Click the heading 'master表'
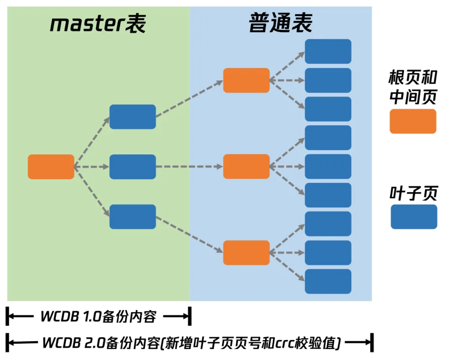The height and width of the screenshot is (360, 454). [98, 24]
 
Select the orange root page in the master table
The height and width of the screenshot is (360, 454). [51, 167]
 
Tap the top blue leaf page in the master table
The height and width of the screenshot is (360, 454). [132, 117]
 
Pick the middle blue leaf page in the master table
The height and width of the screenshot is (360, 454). [132, 167]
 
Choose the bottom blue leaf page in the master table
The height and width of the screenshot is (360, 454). [132, 217]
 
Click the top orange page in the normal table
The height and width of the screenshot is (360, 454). [246, 80]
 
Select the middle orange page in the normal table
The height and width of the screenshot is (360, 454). [246, 167]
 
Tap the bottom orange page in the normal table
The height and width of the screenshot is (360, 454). [246, 253]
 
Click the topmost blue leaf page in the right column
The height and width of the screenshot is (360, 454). [328, 51]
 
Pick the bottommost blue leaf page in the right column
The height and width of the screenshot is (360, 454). [328, 281]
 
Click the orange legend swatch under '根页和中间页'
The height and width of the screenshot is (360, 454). [413, 122]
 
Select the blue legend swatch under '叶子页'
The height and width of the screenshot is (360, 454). [414, 217]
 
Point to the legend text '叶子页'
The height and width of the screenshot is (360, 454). [414, 193]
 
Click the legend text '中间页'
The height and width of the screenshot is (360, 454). [413, 97]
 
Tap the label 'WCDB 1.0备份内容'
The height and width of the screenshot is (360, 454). [98, 316]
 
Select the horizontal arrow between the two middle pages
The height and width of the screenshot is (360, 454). [189, 167]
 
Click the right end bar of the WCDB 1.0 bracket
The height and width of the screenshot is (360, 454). [190, 316]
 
